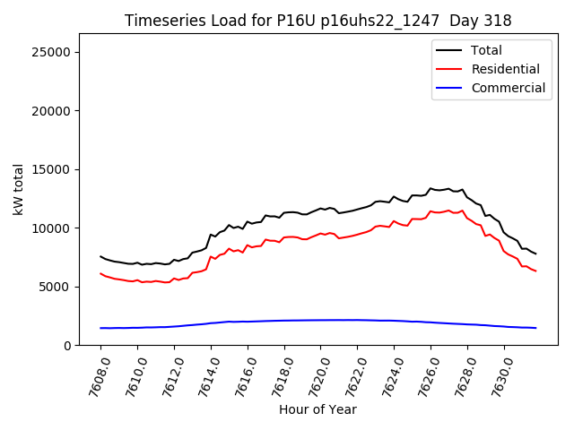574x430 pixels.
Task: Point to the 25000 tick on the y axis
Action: (53, 52)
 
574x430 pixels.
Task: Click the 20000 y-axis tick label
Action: (53, 111)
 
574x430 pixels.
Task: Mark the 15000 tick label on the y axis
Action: (53, 169)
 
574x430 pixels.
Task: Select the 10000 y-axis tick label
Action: (53, 228)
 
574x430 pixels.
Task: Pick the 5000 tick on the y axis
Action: (57, 287)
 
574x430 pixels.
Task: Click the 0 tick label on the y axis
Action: (68, 346)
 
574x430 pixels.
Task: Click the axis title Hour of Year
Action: (317, 409)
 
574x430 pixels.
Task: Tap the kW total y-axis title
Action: (18, 189)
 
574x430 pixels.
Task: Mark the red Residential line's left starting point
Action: (100, 273)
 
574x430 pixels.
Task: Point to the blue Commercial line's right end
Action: (535, 328)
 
